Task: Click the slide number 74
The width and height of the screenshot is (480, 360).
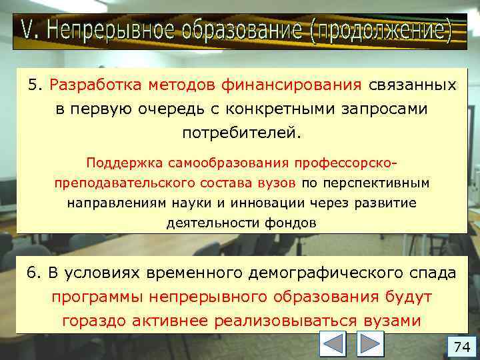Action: point(462,347)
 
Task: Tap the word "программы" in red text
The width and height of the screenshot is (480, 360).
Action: point(98,297)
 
